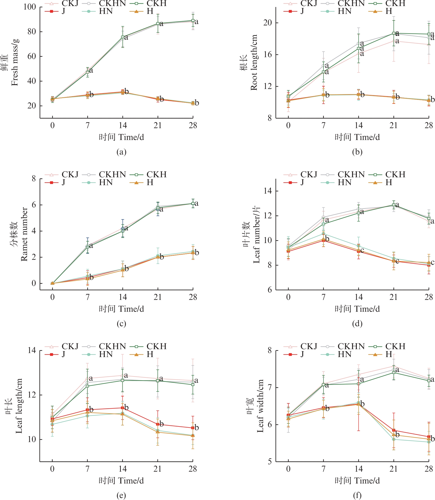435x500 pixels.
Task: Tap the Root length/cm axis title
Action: (254, 62)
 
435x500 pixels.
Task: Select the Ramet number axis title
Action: (24, 234)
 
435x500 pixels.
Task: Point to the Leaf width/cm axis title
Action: (260, 406)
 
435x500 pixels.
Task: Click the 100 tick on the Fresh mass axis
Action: (30, 7)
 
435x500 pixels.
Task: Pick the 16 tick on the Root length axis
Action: (267, 54)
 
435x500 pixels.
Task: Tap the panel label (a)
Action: (121, 152)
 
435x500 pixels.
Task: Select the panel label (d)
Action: (357, 324)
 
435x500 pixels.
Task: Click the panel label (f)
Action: (357, 495)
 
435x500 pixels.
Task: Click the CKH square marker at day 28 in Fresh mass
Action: (193, 20)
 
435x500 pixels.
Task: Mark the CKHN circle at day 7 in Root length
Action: (323, 66)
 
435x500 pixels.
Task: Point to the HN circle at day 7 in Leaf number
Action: (323, 233)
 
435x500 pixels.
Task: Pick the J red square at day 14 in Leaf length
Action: (123, 408)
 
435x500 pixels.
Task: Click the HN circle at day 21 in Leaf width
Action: (394, 439)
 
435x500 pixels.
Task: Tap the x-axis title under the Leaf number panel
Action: (357, 309)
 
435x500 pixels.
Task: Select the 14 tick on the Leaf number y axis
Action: (267, 191)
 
